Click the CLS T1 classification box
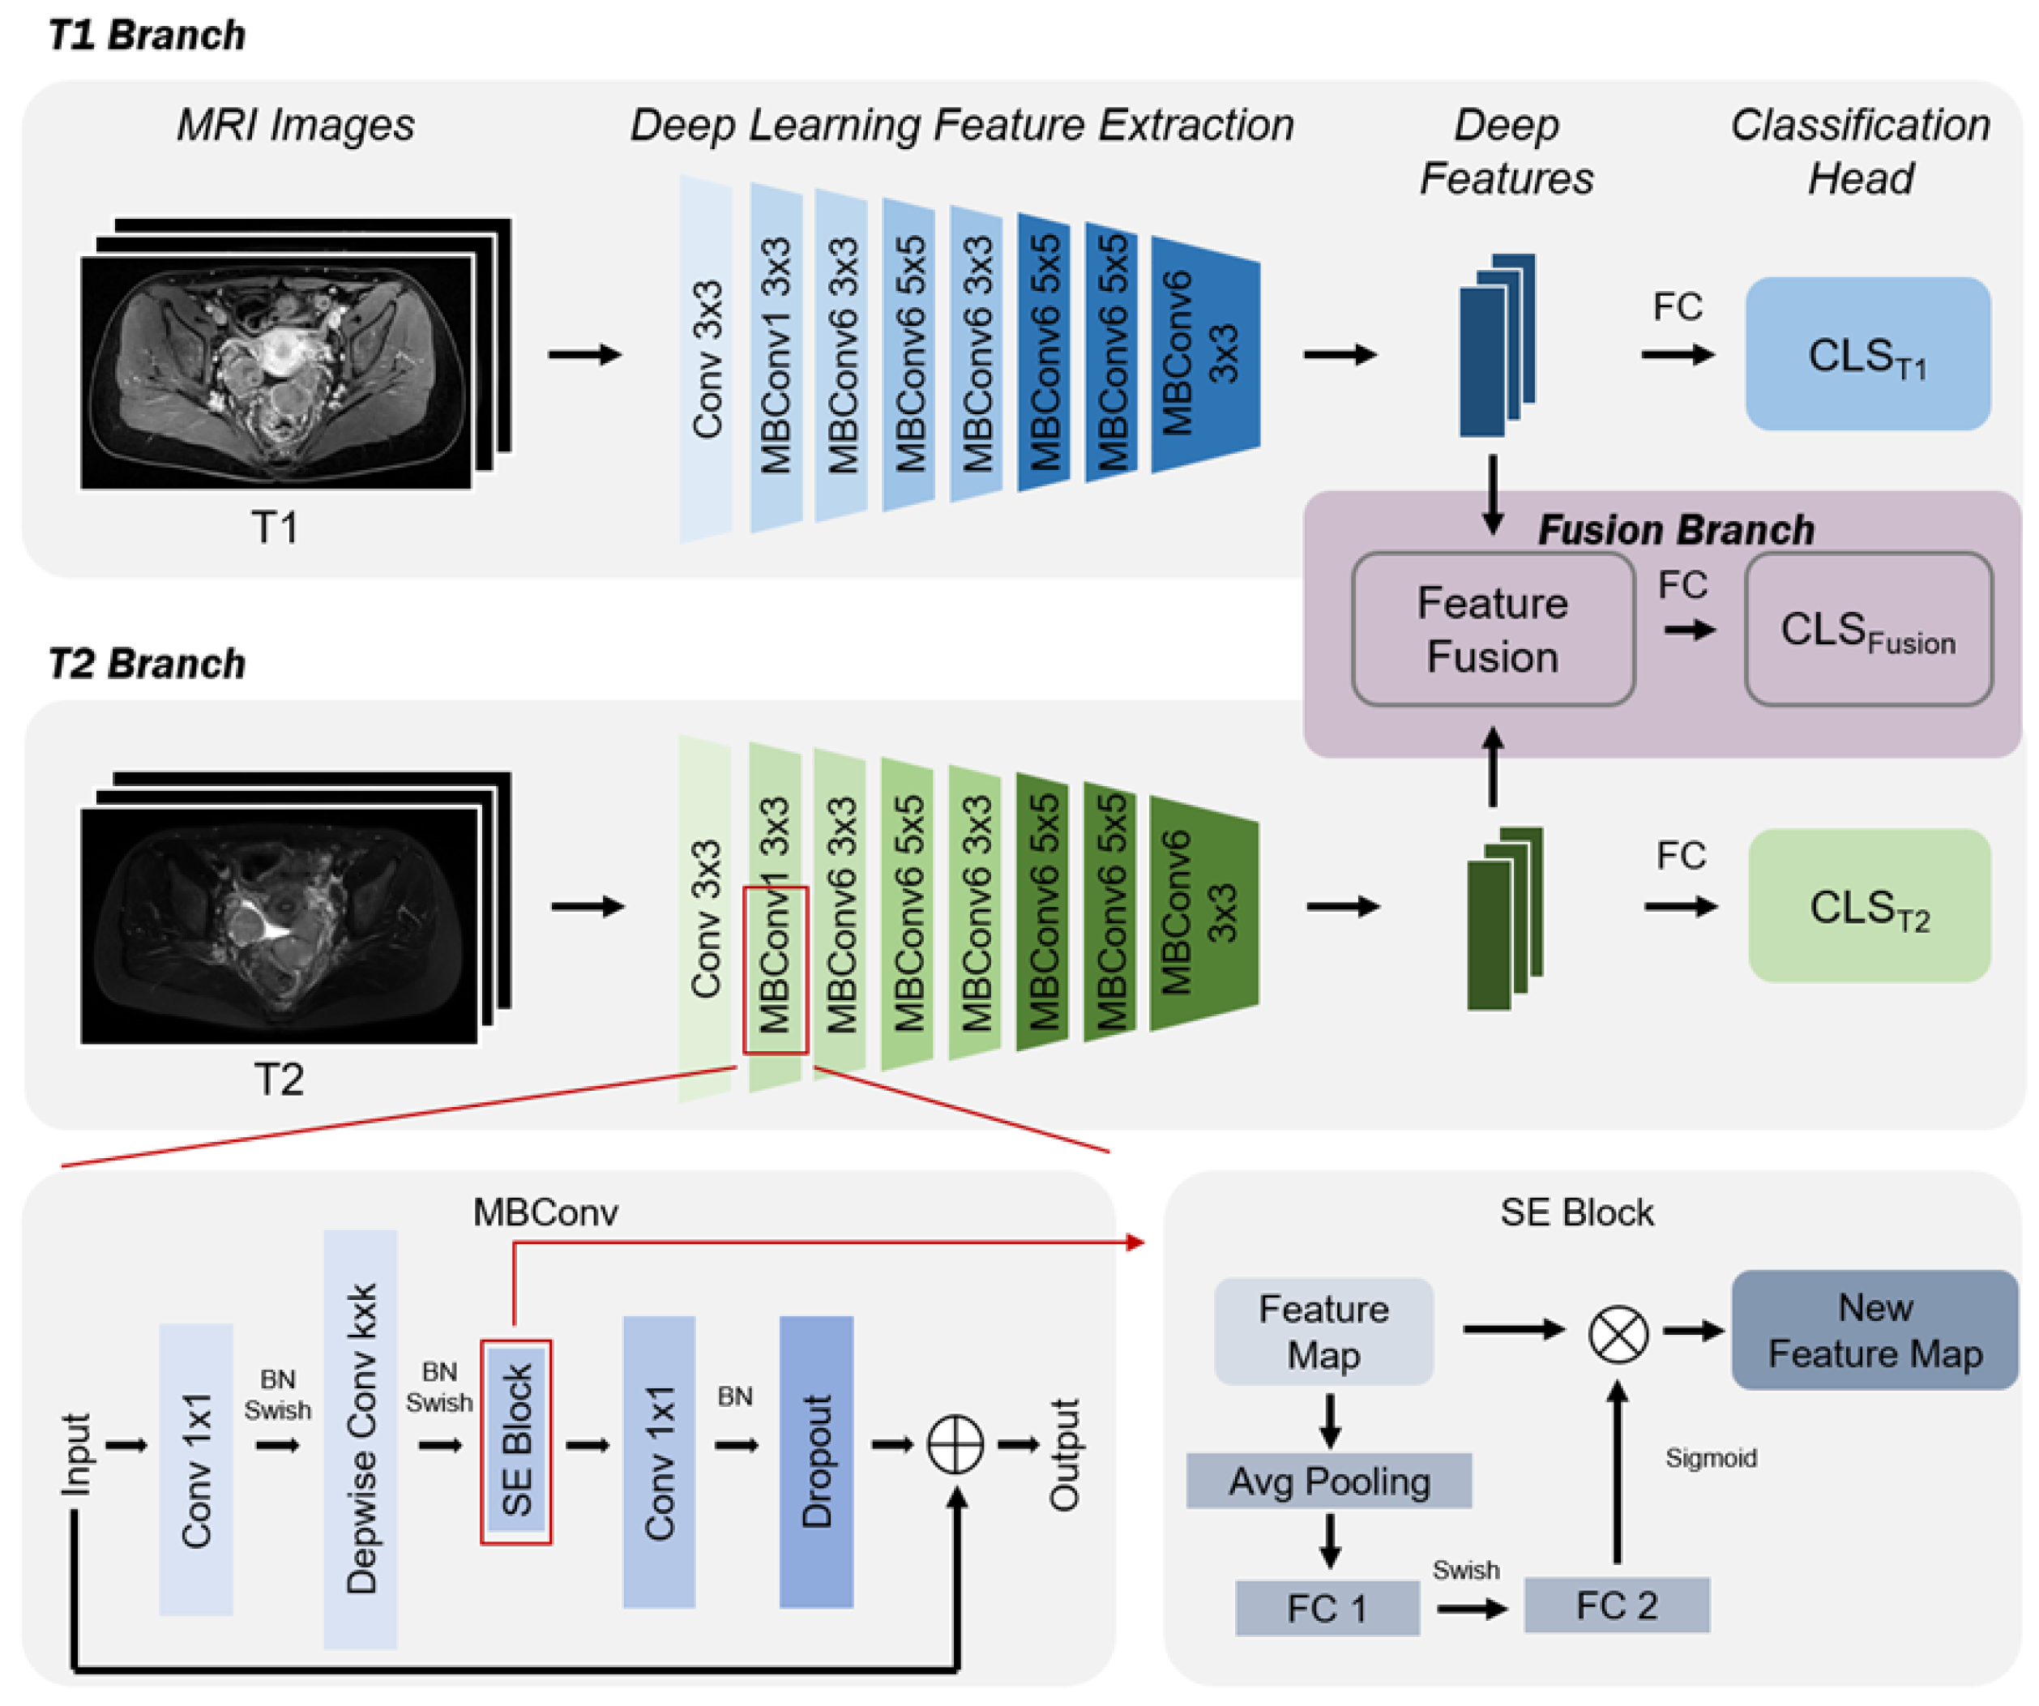click(x=1866, y=354)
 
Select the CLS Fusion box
click(x=1867, y=629)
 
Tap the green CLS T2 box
click(x=1868, y=906)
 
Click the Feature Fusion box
click(x=1492, y=629)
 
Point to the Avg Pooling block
click(x=1328, y=1481)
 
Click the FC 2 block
click(x=1616, y=1605)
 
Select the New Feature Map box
click(x=1874, y=1330)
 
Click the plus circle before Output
click(x=955, y=1445)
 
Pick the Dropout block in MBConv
click(x=815, y=1461)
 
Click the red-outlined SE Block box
click(x=515, y=1442)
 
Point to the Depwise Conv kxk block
click(x=360, y=1439)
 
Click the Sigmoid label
click(x=1710, y=1457)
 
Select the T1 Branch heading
click(x=147, y=36)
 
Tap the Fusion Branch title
click(x=1675, y=530)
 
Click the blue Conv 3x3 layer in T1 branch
click(x=706, y=359)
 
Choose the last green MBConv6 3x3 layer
click(x=1202, y=913)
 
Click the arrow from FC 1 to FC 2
click(x=1472, y=1609)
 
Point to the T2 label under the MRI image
click(x=279, y=1079)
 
